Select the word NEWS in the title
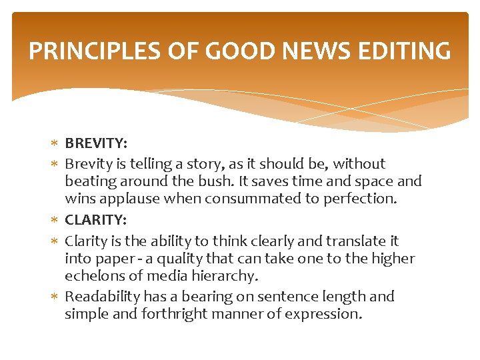(316, 51)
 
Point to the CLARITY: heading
(95, 219)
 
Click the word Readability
(102, 297)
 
